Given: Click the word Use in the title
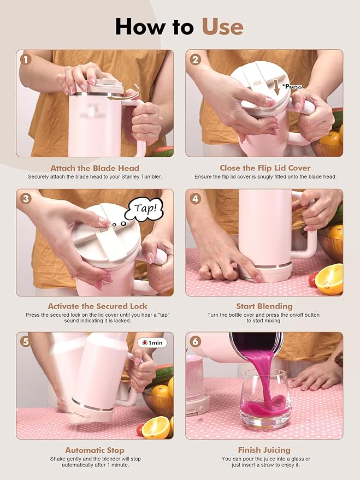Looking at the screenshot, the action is [222, 27].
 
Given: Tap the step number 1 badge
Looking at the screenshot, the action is [26, 60].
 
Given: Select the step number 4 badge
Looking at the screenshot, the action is [196, 199].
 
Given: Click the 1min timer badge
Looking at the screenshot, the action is [152, 342].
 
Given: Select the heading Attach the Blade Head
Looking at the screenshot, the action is [95, 168].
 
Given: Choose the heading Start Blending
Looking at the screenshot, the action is [264, 306].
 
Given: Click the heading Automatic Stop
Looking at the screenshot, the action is [95, 451].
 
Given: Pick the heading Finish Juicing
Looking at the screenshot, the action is [264, 450].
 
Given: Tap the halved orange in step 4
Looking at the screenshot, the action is [329, 279].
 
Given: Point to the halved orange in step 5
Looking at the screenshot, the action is [156, 428].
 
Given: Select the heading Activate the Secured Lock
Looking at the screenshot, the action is [97, 306].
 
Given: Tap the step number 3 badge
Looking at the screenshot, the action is [26, 199].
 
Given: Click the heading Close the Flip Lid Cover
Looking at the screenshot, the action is [265, 168].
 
